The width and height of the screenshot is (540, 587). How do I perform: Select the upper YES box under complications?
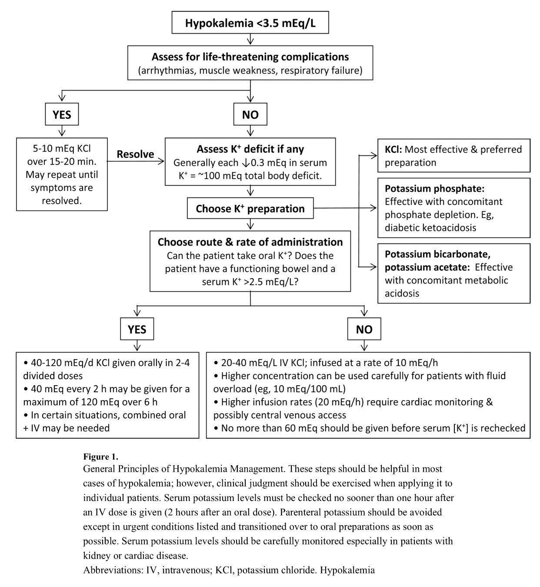coord(62,115)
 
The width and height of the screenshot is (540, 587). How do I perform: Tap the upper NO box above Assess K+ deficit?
coord(250,115)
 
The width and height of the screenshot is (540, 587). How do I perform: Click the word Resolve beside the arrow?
coord(135,154)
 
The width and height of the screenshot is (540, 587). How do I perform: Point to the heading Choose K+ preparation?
coord(250,209)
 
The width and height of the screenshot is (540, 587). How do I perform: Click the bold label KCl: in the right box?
coord(394,150)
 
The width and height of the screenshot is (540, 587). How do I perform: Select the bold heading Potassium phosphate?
coord(434,189)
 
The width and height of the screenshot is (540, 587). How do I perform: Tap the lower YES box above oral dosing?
coord(137,330)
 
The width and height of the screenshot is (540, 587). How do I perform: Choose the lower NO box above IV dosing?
coord(364,330)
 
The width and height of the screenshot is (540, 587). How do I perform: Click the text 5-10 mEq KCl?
coord(61,148)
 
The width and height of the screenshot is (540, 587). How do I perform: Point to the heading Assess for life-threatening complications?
coord(250,57)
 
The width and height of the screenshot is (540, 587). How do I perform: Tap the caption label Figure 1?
coord(100,457)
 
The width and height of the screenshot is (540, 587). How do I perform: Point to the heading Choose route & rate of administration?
coord(250,242)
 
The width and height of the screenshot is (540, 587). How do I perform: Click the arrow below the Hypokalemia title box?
coord(250,40)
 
